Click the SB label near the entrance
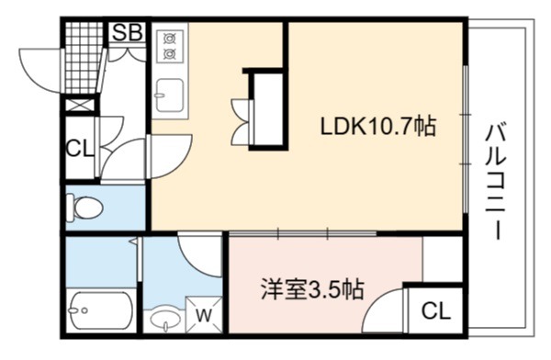128,32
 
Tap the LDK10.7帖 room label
378,127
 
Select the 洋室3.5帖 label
312,289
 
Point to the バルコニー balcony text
496,182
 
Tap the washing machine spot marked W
204,315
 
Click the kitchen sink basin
169,96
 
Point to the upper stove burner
170,37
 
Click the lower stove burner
170,53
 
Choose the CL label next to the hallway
80,149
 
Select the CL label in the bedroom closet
435,310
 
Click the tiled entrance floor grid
84,57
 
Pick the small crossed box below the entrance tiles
80,106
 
